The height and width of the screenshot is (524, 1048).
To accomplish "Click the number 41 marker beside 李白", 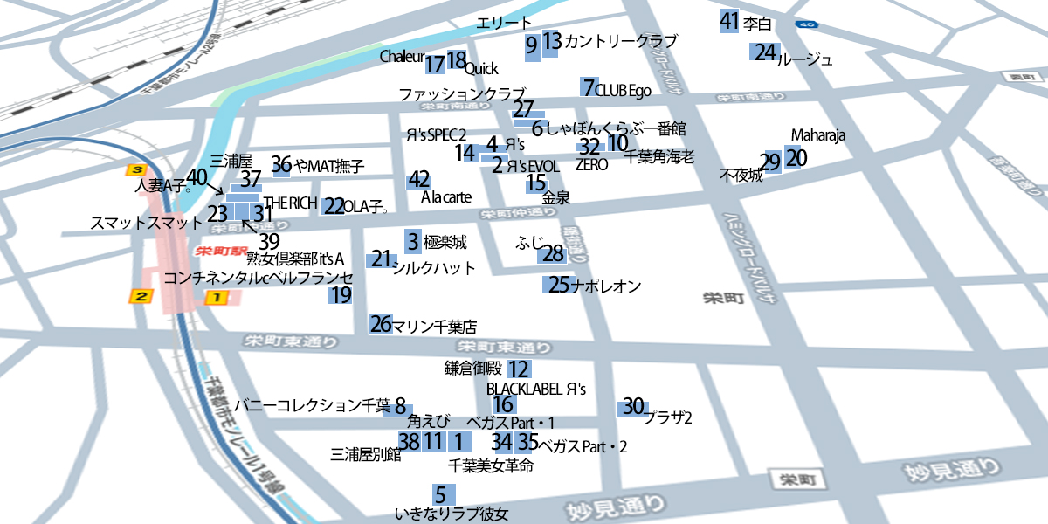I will point(730,22).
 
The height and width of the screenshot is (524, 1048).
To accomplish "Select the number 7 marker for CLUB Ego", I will point(589,87).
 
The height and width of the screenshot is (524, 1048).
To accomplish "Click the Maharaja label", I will point(818,135).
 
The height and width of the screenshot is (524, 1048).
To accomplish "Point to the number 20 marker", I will point(796,158).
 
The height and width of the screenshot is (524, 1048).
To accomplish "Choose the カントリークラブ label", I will point(621,41).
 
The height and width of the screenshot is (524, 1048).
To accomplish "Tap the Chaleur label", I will point(402,57).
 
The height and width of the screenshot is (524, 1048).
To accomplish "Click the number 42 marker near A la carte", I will point(419,180).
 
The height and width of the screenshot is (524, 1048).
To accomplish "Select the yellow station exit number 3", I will point(135,169).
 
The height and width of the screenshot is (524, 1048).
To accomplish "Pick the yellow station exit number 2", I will point(140,298).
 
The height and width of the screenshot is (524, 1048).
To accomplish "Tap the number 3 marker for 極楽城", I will point(412,241).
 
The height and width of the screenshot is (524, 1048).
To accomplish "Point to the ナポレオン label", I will point(606,286).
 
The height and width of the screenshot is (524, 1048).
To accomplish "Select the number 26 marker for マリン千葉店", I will point(381,325).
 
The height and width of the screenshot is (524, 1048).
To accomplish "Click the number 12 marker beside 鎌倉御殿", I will point(519,369).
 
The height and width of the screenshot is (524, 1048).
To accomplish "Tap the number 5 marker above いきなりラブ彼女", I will point(441,493).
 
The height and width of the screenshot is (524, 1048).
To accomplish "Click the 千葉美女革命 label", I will point(490,466).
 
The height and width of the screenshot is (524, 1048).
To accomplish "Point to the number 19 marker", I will point(341,295).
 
